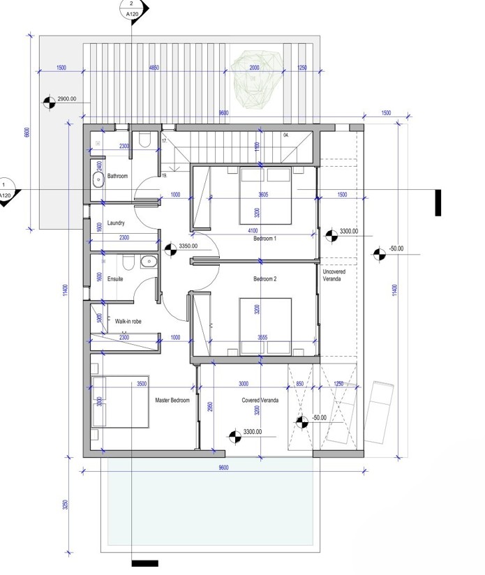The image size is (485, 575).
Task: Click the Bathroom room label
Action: click(x=117, y=177)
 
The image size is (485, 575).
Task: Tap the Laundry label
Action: click(x=116, y=223)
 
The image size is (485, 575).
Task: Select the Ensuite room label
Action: click(x=114, y=278)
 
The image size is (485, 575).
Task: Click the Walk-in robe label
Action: click(x=129, y=322)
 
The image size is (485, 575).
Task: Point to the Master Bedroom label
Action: click(x=172, y=400)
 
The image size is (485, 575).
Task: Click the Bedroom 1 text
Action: click(x=264, y=239)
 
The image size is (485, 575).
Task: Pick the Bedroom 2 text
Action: click(x=264, y=279)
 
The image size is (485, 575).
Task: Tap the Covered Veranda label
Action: click(x=260, y=400)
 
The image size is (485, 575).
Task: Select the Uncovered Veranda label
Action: click(x=334, y=275)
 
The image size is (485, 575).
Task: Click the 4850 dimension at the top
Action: click(x=158, y=68)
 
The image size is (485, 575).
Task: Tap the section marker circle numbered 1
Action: click(x=6, y=191)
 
